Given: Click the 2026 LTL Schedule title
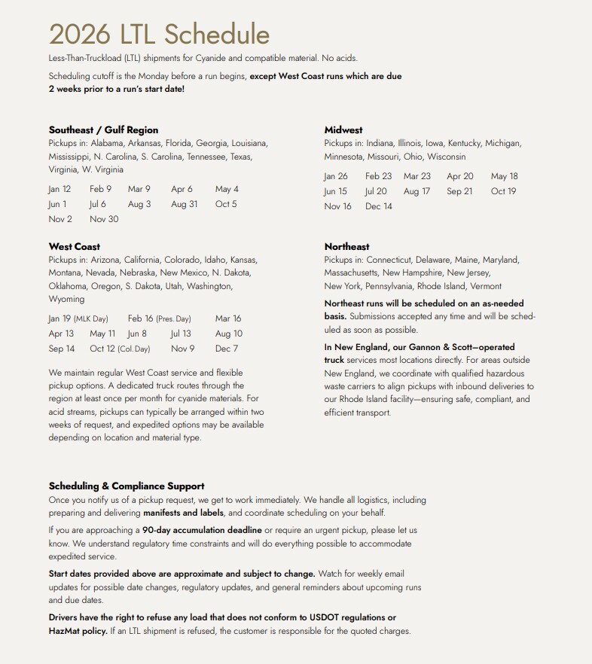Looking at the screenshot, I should point(159,35).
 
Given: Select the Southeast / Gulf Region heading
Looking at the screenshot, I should point(103,129).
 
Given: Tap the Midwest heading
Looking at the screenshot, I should point(343,129).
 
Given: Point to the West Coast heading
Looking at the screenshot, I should point(74,246).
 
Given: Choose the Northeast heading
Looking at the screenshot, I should point(346,246).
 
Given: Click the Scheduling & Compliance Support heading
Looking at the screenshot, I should point(127,486).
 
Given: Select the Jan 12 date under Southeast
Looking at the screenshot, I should point(60,189).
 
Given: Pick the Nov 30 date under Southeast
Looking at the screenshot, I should point(104,219).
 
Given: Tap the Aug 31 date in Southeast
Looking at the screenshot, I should point(184,204).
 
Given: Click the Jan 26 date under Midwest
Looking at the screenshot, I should point(336,176).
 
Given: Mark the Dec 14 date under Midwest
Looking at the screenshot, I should point(378,206).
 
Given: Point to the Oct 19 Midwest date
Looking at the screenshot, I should point(503,191).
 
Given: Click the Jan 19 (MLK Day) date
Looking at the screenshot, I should point(78,318).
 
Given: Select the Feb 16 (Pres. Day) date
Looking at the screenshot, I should point(159,318).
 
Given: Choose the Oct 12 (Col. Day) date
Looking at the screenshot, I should point(120,349).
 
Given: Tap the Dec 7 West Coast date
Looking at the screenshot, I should point(226,349).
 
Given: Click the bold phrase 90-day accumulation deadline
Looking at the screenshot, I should point(202,530).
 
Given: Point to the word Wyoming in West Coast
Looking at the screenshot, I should point(66,299).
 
